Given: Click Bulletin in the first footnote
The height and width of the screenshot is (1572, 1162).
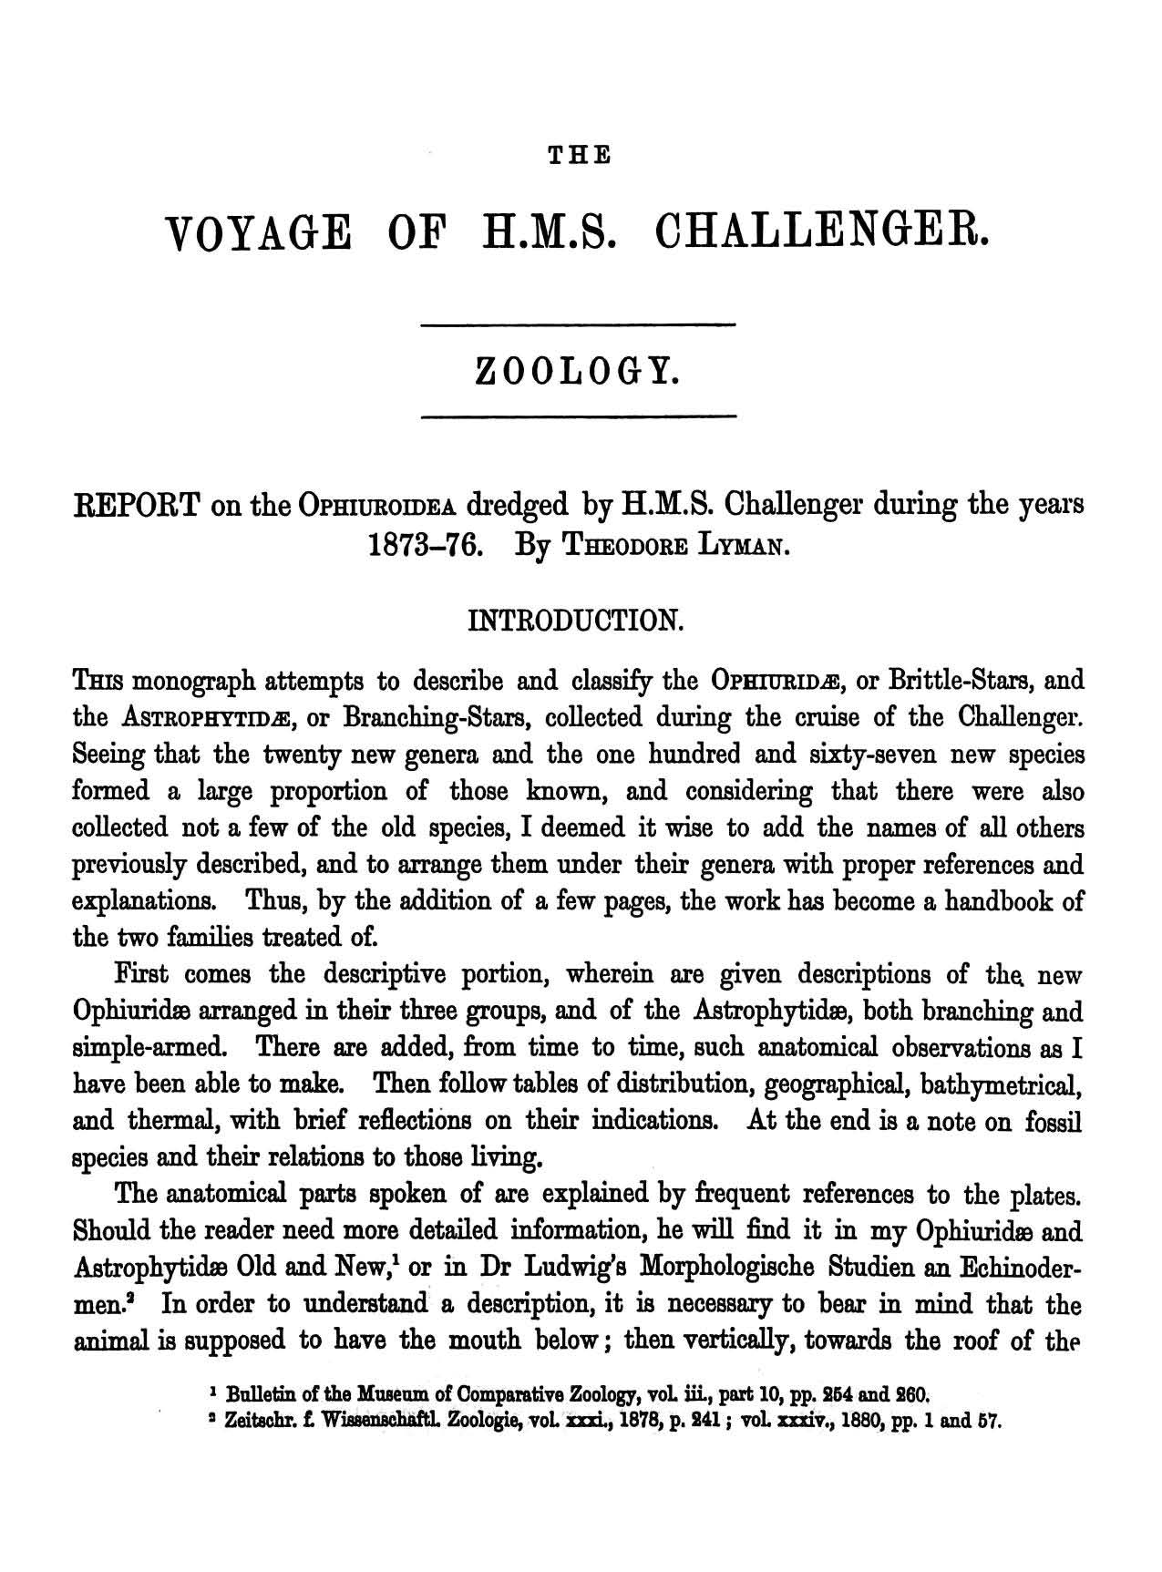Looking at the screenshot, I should coord(262,1393).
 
